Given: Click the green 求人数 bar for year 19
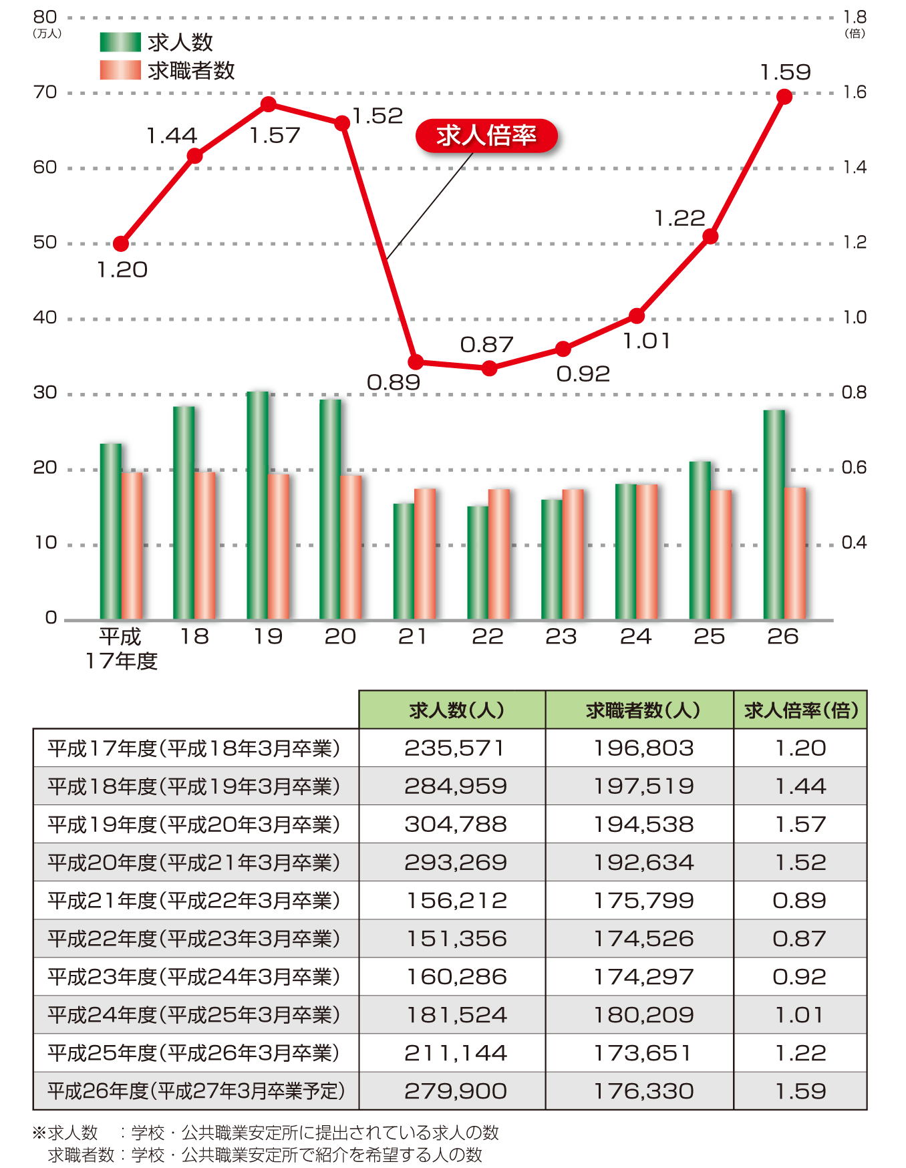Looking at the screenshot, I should click(x=257, y=505).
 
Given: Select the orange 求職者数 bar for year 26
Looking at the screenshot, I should click(x=795, y=553).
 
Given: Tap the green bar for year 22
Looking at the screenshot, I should click(x=478, y=563).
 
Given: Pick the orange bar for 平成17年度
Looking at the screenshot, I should click(x=132, y=546).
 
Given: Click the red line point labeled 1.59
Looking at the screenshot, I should click(x=784, y=97).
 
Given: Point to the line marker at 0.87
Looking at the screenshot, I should click(x=489, y=368).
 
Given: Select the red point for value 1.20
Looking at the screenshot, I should click(x=121, y=244).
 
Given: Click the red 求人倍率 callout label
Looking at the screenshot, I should click(x=486, y=136).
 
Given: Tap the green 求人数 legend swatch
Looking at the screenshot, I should click(x=120, y=42).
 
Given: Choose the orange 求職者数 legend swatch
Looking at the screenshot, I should click(x=120, y=70).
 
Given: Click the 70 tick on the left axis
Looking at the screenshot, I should click(x=45, y=92).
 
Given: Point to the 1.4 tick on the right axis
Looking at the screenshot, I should click(x=855, y=167).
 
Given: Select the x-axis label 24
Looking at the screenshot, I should click(x=635, y=636).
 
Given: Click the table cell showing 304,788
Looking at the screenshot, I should click(x=455, y=824).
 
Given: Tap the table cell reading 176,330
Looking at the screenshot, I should click(x=643, y=1090).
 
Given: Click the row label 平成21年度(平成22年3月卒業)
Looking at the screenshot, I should click(x=194, y=900).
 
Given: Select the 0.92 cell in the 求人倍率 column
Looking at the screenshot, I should click(x=799, y=976).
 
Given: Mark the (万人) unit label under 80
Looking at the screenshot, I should click(x=47, y=33).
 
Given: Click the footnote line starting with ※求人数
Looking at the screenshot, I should click(x=266, y=1133).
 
